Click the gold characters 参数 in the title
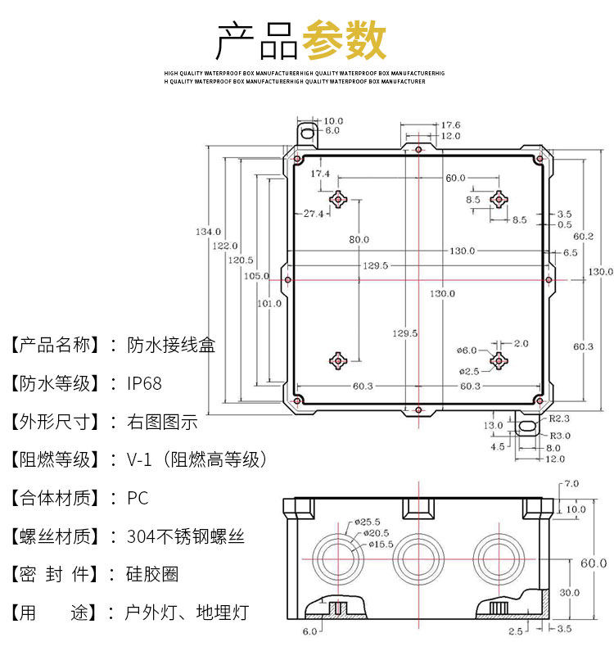click(344, 40)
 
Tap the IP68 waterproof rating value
click(144, 383)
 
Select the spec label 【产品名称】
click(55, 345)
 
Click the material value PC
click(138, 498)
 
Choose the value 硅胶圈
click(152, 575)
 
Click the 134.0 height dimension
click(208, 232)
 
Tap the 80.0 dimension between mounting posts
click(359, 239)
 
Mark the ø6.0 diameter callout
click(467, 350)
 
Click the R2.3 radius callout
click(560, 418)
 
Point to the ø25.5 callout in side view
click(368, 522)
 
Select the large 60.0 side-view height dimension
click(594, 563)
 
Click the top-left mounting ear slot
click(306, 130)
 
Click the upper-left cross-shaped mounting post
click(339, 199)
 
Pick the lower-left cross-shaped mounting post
click(339, 359)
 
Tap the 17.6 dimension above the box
click(451, 124)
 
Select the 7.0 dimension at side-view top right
click(571, 484)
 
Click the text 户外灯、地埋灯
click(186, 613)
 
